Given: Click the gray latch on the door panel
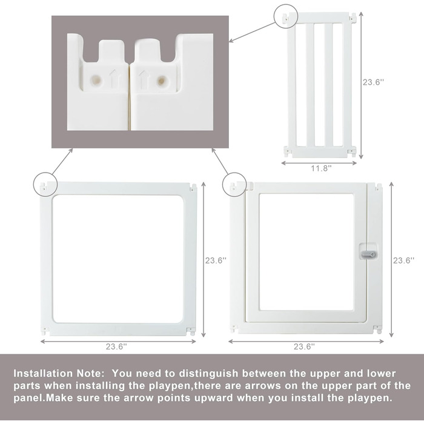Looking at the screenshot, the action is coord(368,254).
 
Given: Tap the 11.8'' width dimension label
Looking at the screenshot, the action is coord(321,168).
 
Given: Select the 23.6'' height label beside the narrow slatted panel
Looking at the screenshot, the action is coord(373,82).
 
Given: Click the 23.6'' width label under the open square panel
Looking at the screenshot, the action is coord(116,346).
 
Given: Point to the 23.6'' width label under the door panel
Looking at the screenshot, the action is coord(305,346).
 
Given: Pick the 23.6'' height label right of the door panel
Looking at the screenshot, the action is coord(403,260).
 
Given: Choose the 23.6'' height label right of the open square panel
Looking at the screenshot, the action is coord(216,260).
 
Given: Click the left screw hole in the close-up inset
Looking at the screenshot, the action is coord(96,80).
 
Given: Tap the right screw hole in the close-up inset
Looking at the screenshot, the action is coord(162,80).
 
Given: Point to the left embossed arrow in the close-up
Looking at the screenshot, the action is coord(114,79).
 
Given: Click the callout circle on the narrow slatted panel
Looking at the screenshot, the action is coord(286,16).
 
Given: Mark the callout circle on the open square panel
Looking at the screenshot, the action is coord(45,184).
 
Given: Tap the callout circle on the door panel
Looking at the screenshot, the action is coord(234,184).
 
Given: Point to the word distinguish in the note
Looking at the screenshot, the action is coord(208,374).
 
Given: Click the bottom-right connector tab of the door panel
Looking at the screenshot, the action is coord(378,329).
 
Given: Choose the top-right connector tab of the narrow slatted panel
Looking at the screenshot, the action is coord(353,17).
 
